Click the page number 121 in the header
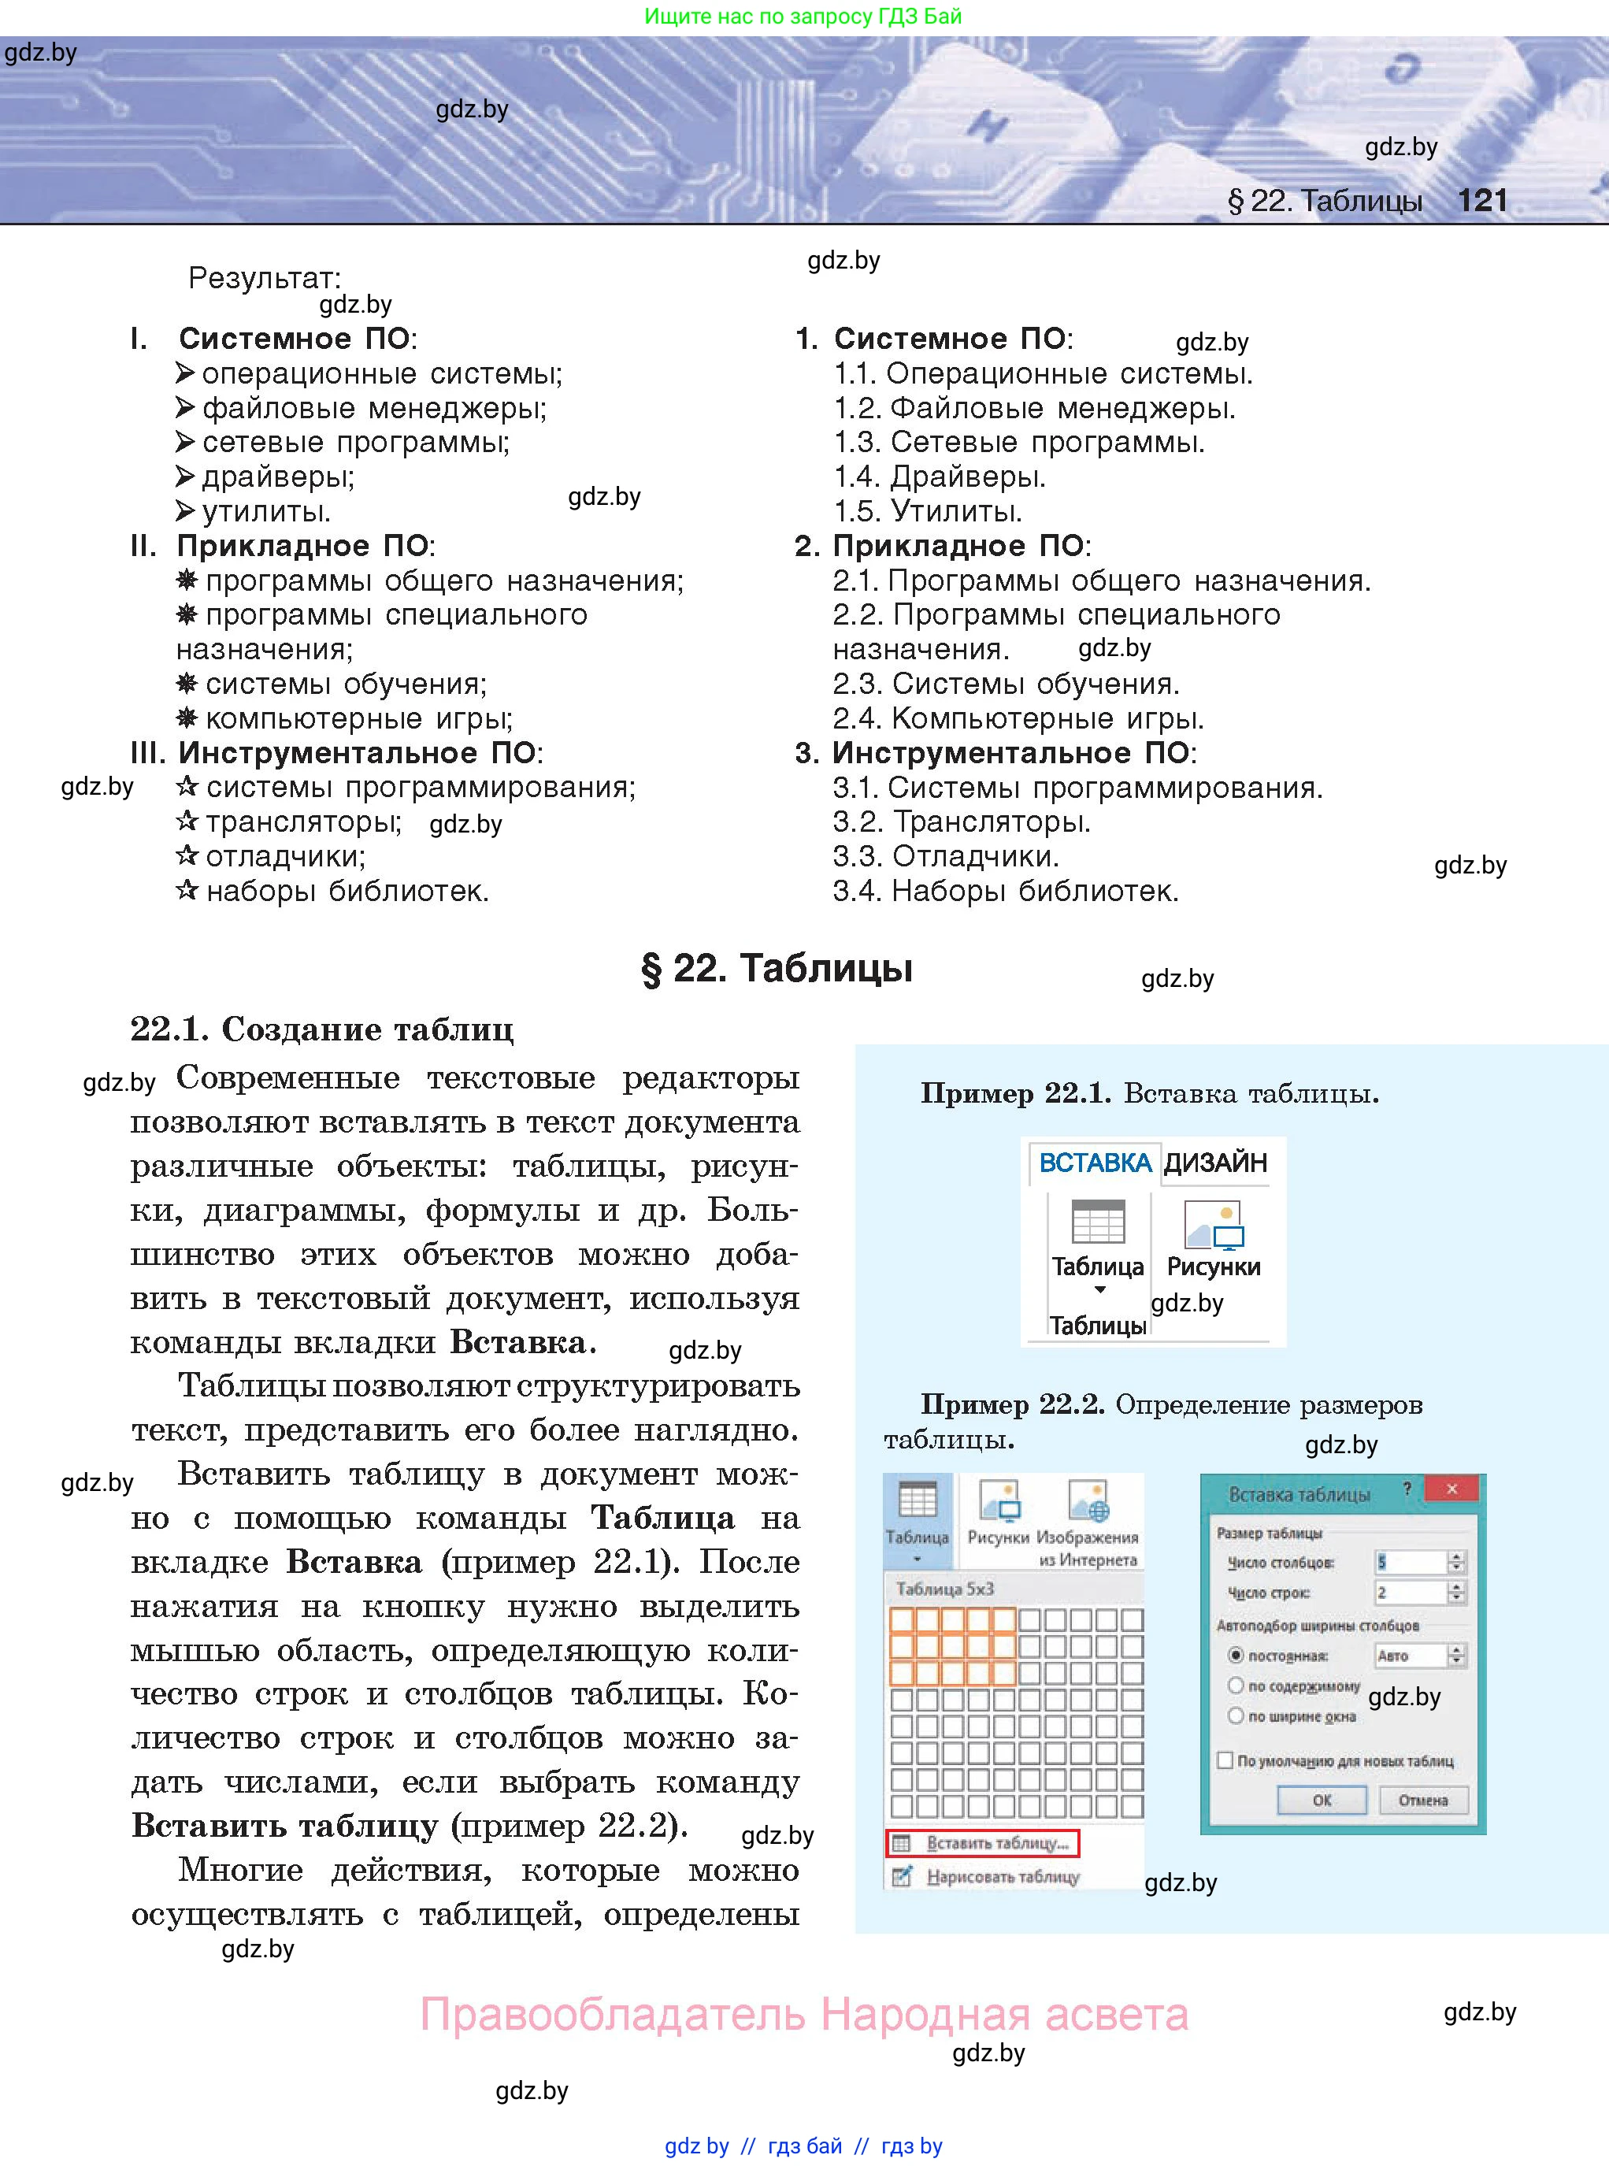tap(1481, 201)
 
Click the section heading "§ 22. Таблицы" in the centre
tap(777, 969)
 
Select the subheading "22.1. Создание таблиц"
tap(321, 1029)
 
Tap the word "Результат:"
tap(264, 279)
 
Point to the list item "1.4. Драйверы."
tap(939, 477)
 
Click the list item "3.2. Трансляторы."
tap(962, 822)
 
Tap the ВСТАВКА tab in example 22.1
tap(1095, 1163)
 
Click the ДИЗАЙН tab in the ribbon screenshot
tap(1215, 1163)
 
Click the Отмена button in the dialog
tap(1423, 1801)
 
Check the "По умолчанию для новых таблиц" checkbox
tap(1225, 1761)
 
